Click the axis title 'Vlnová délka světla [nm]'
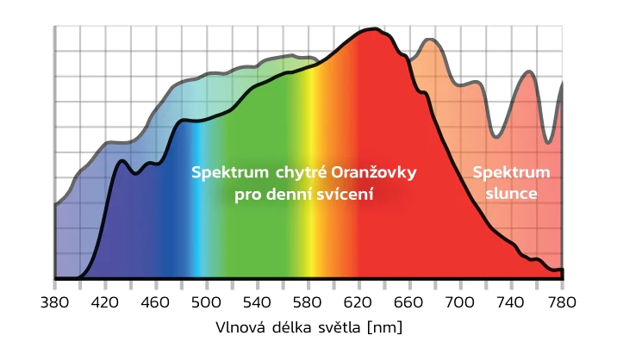[x=308, y=328]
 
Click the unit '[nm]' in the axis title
[x=384, y=328]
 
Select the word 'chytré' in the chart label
[x=302, y=173]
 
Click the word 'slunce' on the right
[x=511, y=194]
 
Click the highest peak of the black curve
[x=371, y=30]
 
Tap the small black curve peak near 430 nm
[x=122, y=161]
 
